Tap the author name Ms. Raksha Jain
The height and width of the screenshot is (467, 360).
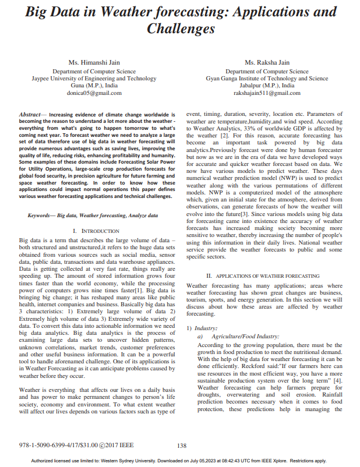point(267,62)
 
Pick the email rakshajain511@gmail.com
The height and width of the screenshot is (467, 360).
point(267,93)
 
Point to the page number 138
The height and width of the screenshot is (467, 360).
point(181,446)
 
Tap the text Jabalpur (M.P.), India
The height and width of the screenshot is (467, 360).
point(267,85)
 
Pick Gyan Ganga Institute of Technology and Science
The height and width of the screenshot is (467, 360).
point(267,78)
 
